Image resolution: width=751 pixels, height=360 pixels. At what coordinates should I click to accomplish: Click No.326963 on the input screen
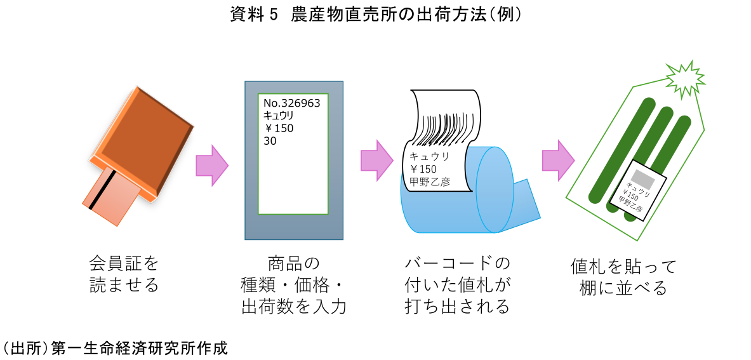291,103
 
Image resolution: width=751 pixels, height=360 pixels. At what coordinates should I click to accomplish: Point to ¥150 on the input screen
279,129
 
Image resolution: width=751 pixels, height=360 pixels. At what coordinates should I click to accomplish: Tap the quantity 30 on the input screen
270,141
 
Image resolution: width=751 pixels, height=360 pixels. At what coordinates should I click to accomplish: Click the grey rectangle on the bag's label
641,177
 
